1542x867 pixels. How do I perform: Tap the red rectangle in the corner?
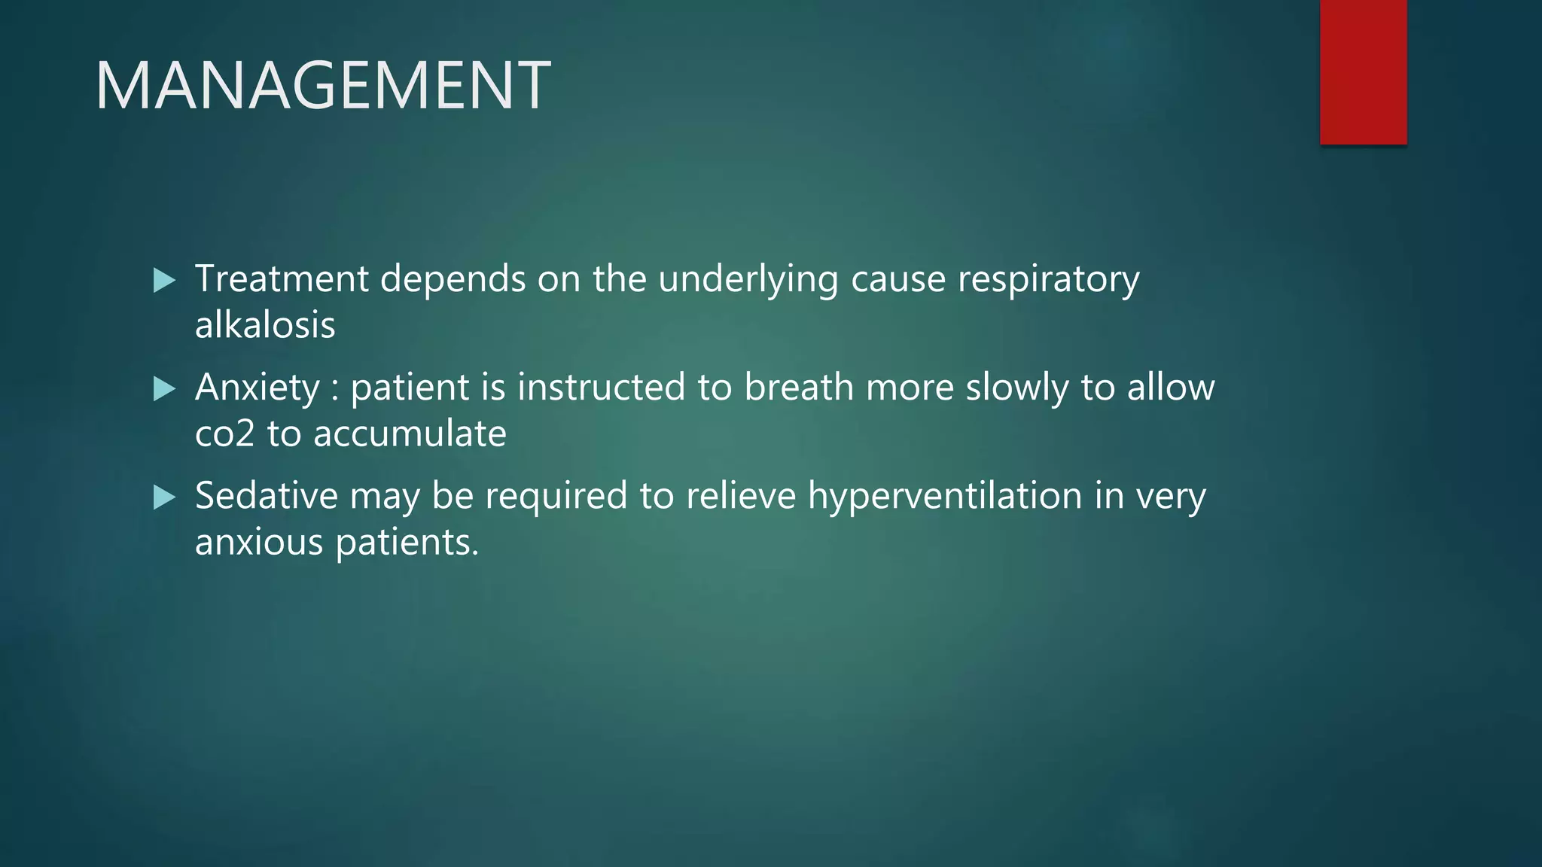pos(1363,71)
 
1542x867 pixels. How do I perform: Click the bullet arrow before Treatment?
pos(164,281)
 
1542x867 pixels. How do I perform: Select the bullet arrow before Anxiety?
pos(164,389)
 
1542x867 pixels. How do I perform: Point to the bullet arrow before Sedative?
pos(164,497)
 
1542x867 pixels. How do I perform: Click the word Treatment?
pos(282,278)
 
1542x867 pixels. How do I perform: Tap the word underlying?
pos(748,280)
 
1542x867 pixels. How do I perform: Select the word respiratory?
pos(1048,280)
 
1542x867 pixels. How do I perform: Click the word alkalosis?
pos(265,325)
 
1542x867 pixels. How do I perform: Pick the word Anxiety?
pos(258,388)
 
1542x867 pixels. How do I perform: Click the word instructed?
pos(601,387)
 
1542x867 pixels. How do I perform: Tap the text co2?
pos(224,433)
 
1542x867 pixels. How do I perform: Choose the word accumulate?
pos(410,433)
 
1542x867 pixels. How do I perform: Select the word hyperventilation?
pos(945,497)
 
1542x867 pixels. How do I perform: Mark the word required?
pos(556,497)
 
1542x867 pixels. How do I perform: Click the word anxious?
pos(259,542)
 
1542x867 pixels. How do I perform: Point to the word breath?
pos(799,387)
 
